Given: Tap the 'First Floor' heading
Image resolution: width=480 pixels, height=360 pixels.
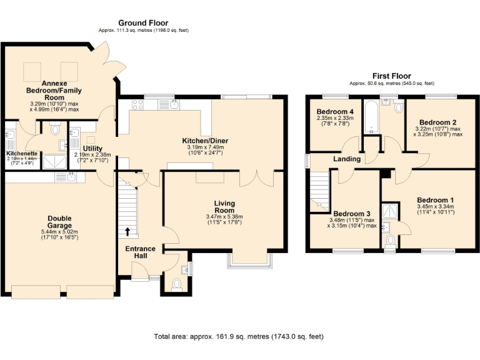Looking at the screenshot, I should click(391, 76).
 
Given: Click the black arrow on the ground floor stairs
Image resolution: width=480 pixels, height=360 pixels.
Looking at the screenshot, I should click(128, 232).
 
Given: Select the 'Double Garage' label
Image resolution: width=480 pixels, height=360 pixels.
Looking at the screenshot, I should click(59, 222).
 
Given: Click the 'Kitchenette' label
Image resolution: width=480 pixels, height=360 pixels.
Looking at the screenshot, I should click(22, 152).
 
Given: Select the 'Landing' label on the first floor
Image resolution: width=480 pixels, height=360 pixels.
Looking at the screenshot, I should click(347, 159).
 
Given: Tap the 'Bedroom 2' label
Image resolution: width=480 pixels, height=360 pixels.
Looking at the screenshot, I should click(437, 122).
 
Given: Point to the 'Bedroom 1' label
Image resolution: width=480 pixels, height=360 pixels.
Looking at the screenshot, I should click(436, 201).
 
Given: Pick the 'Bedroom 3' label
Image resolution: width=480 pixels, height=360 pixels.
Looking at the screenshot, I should click(351, 213).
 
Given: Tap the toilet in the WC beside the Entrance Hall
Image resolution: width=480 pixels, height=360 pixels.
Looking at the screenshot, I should click(176, 284).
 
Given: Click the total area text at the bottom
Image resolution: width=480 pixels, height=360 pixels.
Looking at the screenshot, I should click(239, 337).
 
